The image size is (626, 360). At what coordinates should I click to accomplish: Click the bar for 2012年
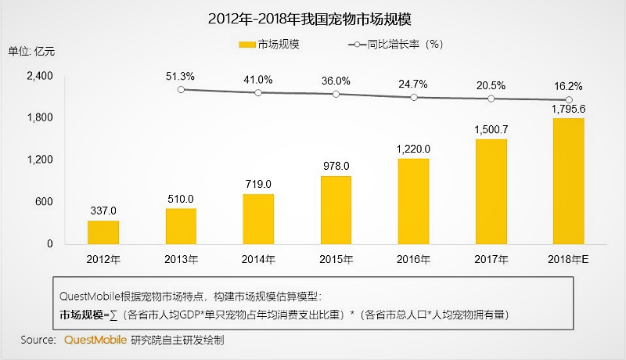tap(103, 232)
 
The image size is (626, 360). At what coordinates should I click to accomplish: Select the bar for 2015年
tap(336, 210)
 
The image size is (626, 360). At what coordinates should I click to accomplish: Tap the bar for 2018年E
tap(569, 181)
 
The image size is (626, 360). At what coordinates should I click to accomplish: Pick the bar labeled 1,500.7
tap(491, 192)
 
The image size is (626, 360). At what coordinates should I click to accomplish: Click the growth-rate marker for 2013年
tap(181, 90)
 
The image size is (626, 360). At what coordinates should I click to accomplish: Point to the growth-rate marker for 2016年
tap(414, 97)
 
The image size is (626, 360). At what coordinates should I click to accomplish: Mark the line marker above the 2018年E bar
tap(569, 100)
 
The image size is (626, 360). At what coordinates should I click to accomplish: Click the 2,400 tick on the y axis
tap(39, 76)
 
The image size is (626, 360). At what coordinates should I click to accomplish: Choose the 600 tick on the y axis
tap(44, 202)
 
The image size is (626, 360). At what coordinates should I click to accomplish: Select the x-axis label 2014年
tap(258, 259)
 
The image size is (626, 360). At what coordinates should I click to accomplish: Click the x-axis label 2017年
tap(491, 259)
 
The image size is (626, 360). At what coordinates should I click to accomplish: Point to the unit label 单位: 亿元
tap(32, 52)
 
